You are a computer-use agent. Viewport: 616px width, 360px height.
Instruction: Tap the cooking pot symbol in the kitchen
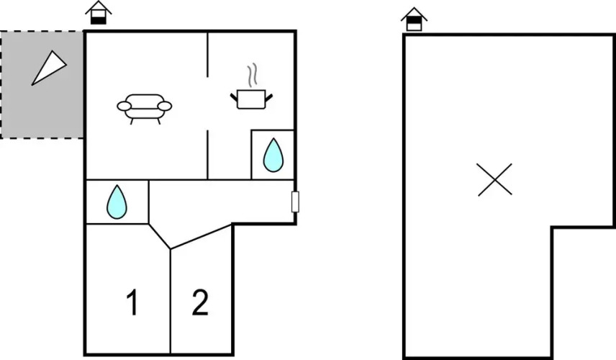click(x=251, y=99)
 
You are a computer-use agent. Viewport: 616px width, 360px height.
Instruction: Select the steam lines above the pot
click(x=252, y=75)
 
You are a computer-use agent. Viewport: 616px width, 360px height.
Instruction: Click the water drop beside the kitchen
click(x=273, y=155)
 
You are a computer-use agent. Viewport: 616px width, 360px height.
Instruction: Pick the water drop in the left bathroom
click(x=117, y=202)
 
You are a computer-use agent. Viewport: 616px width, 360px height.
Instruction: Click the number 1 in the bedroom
click(x=133, y=302)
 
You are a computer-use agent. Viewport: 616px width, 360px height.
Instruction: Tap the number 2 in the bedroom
click(x=200, y=302)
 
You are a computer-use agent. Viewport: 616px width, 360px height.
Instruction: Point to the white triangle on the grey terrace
click(x=49, y=68)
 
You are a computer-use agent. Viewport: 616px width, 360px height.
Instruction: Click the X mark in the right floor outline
click(x=494, y=179)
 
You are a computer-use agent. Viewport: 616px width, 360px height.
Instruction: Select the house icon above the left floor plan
click(x=98, y=12)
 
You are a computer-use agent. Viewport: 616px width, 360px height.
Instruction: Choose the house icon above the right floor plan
click(x=414, y=19)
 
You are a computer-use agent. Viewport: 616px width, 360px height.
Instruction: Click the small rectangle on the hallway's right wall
click(x=295, y=202)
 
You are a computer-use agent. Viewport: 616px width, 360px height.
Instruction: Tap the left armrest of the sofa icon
click(x=124, y=106)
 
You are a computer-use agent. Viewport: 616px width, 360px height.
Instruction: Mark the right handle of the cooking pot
click(x=269, y=97)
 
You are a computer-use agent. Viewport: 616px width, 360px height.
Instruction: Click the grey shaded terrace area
click(x=42, y=84)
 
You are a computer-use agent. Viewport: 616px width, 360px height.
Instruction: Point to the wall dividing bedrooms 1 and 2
click(x=171, y=301)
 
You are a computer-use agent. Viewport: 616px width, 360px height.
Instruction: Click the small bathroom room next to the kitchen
click(x=273, y=155)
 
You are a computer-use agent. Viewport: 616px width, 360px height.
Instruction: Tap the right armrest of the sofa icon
click(x=165, y=106)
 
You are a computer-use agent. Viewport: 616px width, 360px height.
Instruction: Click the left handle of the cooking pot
click(x=234, y=97)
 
